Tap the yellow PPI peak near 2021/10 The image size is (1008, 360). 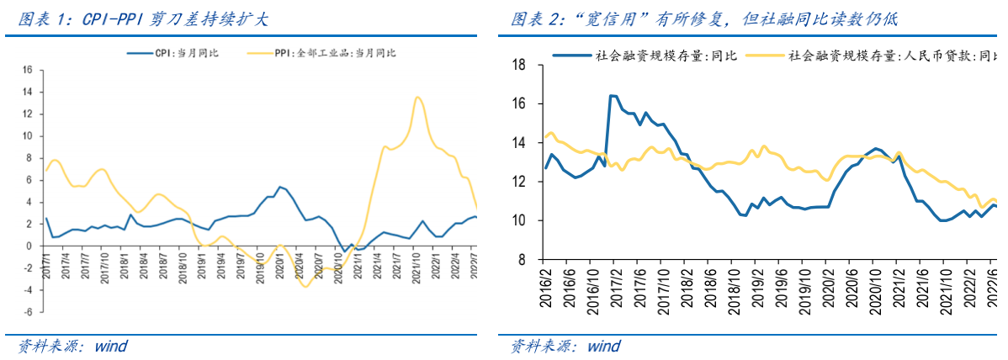[x=417, y=97]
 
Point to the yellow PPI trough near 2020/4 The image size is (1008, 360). [x=306, y=287]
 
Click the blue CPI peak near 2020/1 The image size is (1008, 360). [x=280, y=187]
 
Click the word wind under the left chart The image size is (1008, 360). [x=111, y=346]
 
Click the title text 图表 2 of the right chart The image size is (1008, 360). [x=540, y=19]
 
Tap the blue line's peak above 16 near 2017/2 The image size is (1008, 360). [x=612, y=96]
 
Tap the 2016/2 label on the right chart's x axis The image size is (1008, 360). [x=546, y=286]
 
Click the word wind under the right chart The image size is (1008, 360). [x=604, y=346]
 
